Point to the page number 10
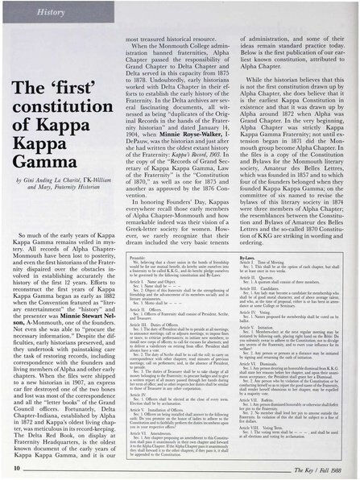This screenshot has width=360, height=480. point(19,466)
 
